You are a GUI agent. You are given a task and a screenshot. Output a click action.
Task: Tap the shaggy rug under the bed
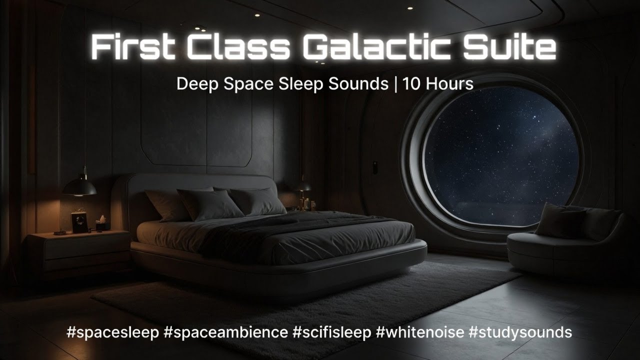pyautogui.click(x=300, y=300)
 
